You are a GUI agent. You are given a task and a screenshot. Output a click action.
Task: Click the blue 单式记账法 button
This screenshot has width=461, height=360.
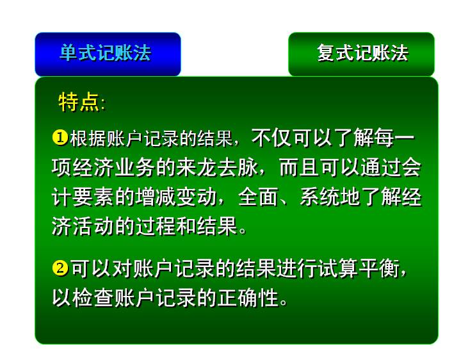click(x=108, y=54)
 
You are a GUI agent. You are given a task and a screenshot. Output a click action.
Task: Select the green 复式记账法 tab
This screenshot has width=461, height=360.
click(x=361, y=54)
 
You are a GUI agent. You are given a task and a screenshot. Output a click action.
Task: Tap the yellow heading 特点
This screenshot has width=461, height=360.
click(x=79, y=102)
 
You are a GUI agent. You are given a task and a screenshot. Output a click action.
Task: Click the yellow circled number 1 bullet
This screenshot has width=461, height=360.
click(x=60, y=138)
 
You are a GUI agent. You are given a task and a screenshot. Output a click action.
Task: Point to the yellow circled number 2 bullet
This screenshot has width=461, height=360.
click(x=60, y=268)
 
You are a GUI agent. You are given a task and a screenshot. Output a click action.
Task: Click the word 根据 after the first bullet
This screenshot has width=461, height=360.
click(x=88, y=138)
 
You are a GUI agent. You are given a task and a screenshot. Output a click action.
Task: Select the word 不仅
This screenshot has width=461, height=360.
click(x=271, y=138)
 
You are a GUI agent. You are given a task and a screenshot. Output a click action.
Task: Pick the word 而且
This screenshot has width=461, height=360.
click(x=299, y=168)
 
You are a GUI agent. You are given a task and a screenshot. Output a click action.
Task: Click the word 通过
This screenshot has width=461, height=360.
click(x=380, y=168)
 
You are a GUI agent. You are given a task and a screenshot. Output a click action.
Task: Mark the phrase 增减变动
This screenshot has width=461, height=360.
click(x=176, y=197)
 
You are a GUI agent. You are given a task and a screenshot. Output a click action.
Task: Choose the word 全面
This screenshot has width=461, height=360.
click(x=257, y=197)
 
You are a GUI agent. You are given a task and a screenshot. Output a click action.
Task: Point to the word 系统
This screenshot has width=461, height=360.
click(x=319, y=197)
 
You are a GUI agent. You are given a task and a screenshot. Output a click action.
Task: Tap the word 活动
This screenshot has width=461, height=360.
click(x=93, y=226)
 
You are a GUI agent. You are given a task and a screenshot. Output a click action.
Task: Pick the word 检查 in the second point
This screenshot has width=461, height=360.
click(x=93, y=298)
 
